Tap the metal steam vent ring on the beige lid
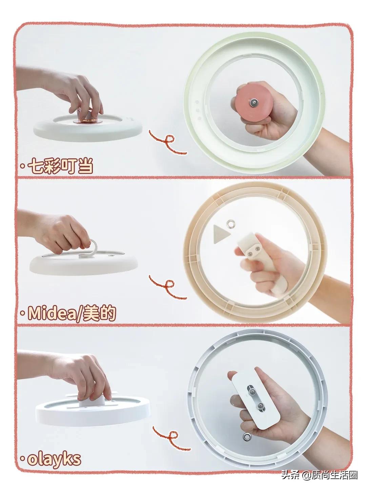[232, 223]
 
